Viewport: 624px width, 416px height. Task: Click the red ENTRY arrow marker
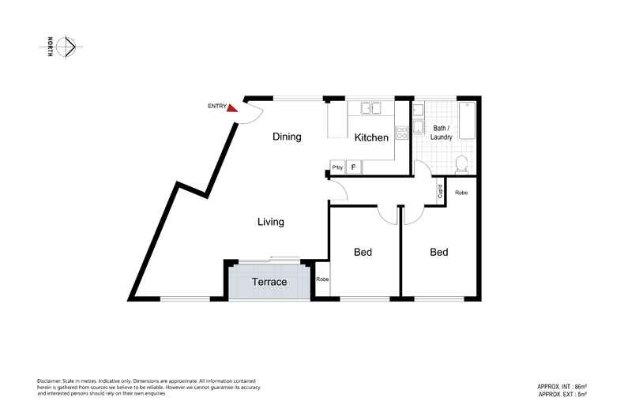pyautogui.click(x=232, y=108)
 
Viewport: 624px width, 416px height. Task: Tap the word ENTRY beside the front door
pyautogui.click(x=216, y=106)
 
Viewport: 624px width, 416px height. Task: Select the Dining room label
pyautogui.click(x=287, y=137)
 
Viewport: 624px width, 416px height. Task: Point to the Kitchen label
pyautogui.click(x=371, y=137)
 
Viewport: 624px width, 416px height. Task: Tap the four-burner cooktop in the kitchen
pyautogui.click(x=401, y=132)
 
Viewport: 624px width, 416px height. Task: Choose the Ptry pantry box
pyautogui.click(x=337, y=167)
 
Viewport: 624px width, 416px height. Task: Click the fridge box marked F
pyautogui.click(x=353, y=167)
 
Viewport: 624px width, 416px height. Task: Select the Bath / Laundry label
pyautogui.click(x=441, y=133)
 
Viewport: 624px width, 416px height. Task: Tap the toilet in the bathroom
pyautogui.click(x=463, y=163)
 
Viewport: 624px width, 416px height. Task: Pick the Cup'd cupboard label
pyautogui.click(x=439, y=191)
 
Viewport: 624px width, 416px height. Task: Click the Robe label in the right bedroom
pyautogui.click(x=462, y=192)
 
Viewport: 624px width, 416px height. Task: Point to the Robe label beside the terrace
pyautogui.click(x=321, y=279)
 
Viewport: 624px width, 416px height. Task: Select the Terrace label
pyautogui.click(x=269, y=282)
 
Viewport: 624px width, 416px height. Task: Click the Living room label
pyautogui.click(x=271, y=222)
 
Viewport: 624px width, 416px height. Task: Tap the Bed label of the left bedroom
pyautogui.click(x=363, y=253)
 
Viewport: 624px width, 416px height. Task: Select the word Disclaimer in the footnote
pyautogui.click(x=51, y=380)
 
